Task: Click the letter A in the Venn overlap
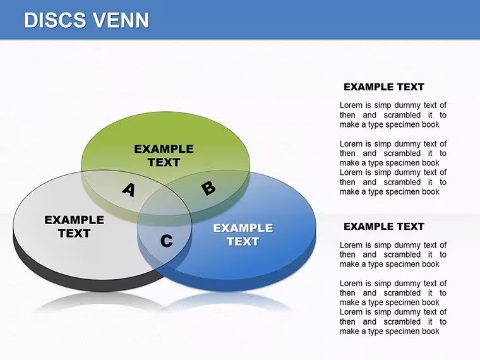coord(129,190)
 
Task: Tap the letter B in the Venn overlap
coord(209,188)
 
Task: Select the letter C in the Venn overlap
coord(167,241)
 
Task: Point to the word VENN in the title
coord(121,20)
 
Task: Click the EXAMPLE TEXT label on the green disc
coord(164,155)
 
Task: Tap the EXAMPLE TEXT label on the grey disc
coord(74,227)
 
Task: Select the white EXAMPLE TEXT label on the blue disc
coord(243,235)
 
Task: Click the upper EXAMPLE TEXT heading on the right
coord(384,87)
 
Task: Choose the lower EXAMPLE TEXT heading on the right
coord(384,227)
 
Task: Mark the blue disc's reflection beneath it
coord(227,299)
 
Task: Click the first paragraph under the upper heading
coord(393,115)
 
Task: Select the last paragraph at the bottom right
coord(393,321)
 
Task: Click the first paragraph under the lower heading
coord(393,255)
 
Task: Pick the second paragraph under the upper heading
coord(393,153)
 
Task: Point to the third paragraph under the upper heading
coord(393,182)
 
